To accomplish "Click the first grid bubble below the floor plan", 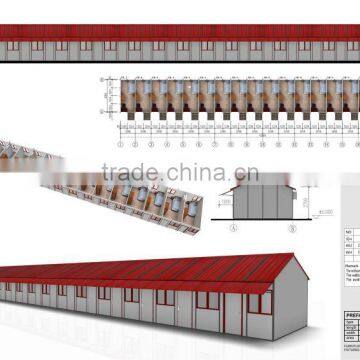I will [118, 129].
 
